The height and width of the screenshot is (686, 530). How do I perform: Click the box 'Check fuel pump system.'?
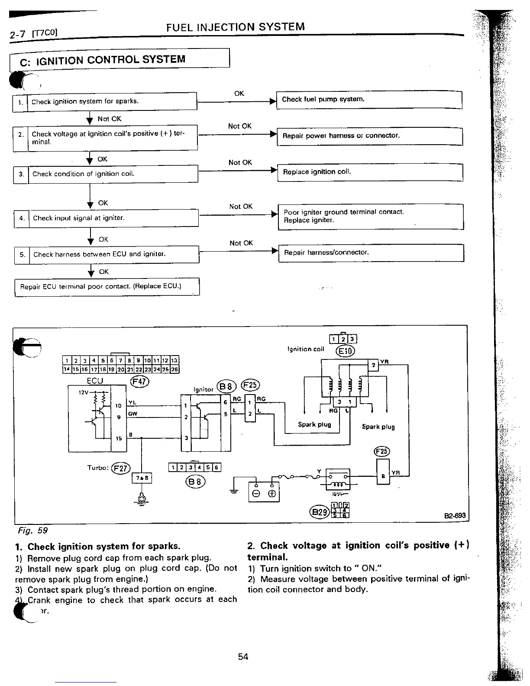[369, 100]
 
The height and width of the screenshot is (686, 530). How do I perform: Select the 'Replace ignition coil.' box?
[370, 172]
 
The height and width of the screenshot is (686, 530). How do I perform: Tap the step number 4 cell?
[21, 218]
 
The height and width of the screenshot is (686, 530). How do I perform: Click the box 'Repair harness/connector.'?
[371, 252]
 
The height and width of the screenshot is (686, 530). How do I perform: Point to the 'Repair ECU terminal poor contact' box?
[107, 287]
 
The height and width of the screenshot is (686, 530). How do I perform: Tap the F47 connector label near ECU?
[139, 381]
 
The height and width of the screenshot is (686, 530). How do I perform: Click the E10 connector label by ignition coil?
[345, 350]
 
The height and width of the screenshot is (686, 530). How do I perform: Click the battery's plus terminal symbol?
[272, 494]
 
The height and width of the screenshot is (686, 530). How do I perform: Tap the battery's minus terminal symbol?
[256, 494]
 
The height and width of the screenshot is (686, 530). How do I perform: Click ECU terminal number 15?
[119, 438]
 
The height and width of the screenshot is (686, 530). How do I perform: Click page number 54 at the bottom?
[243, 657]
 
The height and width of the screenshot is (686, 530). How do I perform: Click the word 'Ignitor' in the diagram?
[204, 389]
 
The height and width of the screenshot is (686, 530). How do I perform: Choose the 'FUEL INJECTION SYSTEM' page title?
[235, 27]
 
